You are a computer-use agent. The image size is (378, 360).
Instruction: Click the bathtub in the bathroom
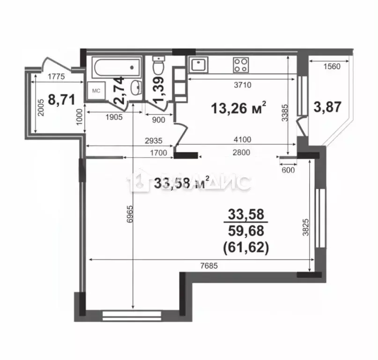[113, 67]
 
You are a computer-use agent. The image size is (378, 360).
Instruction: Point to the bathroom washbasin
[135, 87]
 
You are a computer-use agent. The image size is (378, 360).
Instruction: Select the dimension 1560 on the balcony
[332, 66]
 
